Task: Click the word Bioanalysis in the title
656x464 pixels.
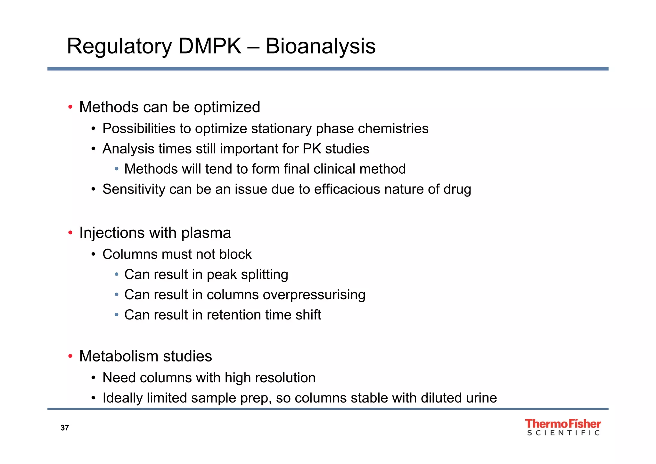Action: tap(320, 46)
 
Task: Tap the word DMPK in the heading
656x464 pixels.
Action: tap(209, 46)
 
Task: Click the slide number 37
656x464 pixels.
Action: tap(65, 428)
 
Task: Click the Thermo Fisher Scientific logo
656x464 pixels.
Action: tap(563, 427)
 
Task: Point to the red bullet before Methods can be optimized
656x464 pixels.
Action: tap(70, 107)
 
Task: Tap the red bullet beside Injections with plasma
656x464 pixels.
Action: tap(70, 233)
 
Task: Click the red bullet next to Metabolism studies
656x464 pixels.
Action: tap(70, 356)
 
